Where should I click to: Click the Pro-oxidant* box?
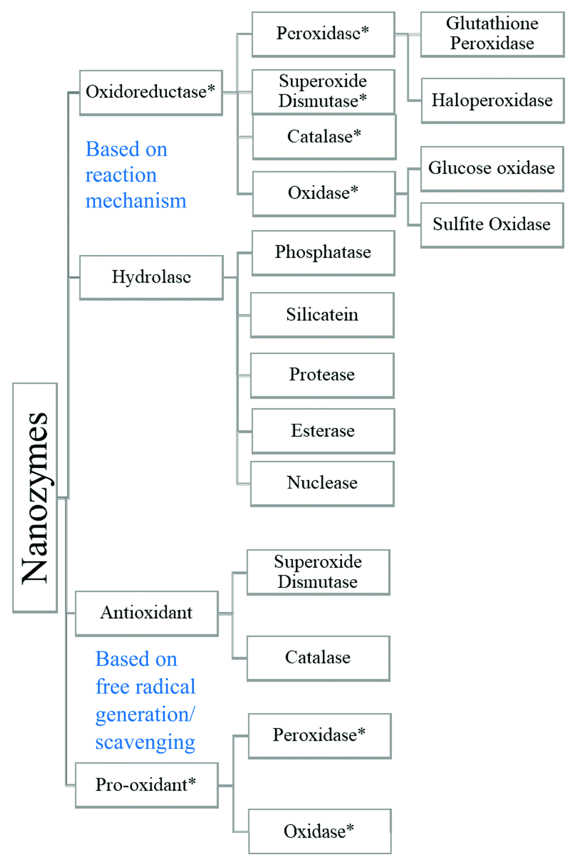click(x=146, y=785)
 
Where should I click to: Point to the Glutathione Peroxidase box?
click(x=492, y=34)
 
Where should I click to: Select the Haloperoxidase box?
click(x=492, y=100)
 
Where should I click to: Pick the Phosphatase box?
click(x=323, y=253)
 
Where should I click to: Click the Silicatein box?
click(x=322, y=315)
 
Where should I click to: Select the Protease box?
click(x=322, y=375)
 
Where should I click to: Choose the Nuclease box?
click(x=322, y=483)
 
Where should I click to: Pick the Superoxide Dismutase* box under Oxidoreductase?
click(x=323, y=91)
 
